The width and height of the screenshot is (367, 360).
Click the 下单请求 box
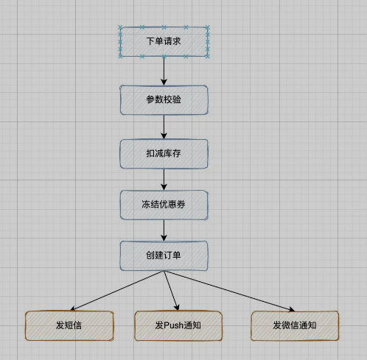click(164, 42)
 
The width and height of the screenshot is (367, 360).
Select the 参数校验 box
click(164, 100)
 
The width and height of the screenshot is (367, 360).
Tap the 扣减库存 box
click(164, 153)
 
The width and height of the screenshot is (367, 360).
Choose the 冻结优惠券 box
click(164, 205)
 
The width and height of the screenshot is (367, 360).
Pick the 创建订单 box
click(164, 255)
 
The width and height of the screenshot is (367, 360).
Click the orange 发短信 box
click(69, 325)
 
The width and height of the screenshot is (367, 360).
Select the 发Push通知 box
click(178, 325)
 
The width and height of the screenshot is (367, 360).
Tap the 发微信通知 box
click(294, 325)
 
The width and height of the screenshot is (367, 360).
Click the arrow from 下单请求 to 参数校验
click(164, 71)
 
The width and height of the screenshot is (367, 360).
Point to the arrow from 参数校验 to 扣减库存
click(164, 127)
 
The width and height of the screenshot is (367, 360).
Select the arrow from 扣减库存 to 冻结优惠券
click(164, 179)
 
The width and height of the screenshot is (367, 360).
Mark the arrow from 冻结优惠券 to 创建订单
click(164, 230)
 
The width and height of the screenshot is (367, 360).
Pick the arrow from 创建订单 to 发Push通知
click(171, 289)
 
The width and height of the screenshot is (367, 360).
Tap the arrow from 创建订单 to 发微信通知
click(228, 289)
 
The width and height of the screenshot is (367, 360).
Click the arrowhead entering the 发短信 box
click(72, 308)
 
